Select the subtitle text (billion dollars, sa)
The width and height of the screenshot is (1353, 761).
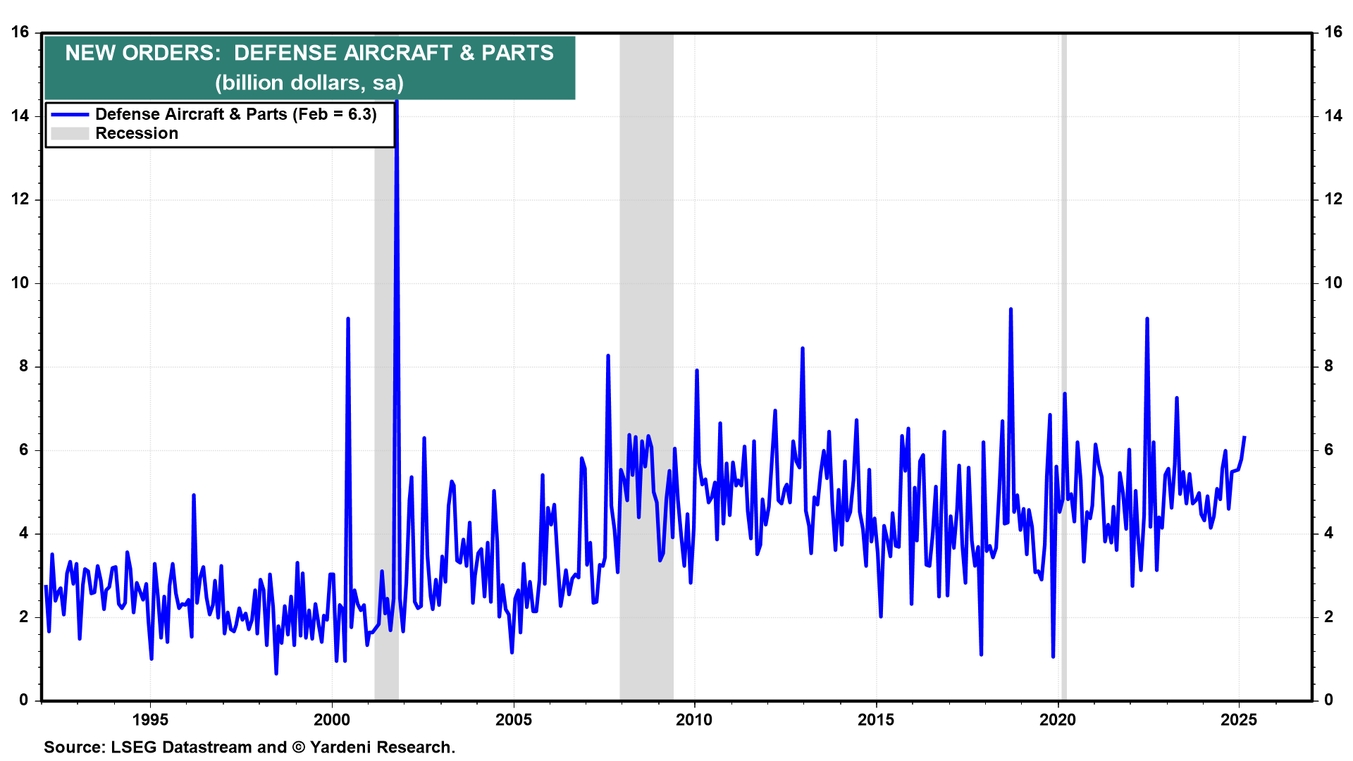(309, 83)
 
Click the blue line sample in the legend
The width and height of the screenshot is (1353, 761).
(70, 115)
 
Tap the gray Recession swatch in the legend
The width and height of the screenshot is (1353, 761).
(70, 134)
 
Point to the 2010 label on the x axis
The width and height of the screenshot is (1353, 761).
(694, 720)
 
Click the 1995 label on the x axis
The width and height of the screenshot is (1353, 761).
(150, 720)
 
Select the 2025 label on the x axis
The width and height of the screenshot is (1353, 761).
(1238, 720)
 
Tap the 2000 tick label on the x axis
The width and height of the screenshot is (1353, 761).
(331, 720)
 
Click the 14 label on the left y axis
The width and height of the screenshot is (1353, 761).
(20, 116)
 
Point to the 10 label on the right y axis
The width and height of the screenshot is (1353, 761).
(1333, 283)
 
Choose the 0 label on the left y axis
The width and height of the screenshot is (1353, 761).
(25, 700)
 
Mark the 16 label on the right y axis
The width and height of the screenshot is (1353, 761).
(1333, 32)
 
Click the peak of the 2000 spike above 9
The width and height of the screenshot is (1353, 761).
(348, 319)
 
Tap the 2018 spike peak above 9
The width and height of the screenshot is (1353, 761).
(1011, 309)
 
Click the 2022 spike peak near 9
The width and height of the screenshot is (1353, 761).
(1147, 319)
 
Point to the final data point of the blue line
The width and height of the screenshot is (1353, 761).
(1244, 438)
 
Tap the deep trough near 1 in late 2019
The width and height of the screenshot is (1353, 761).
(1053, 656)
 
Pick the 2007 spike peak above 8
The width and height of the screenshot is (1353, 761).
(608, 356)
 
